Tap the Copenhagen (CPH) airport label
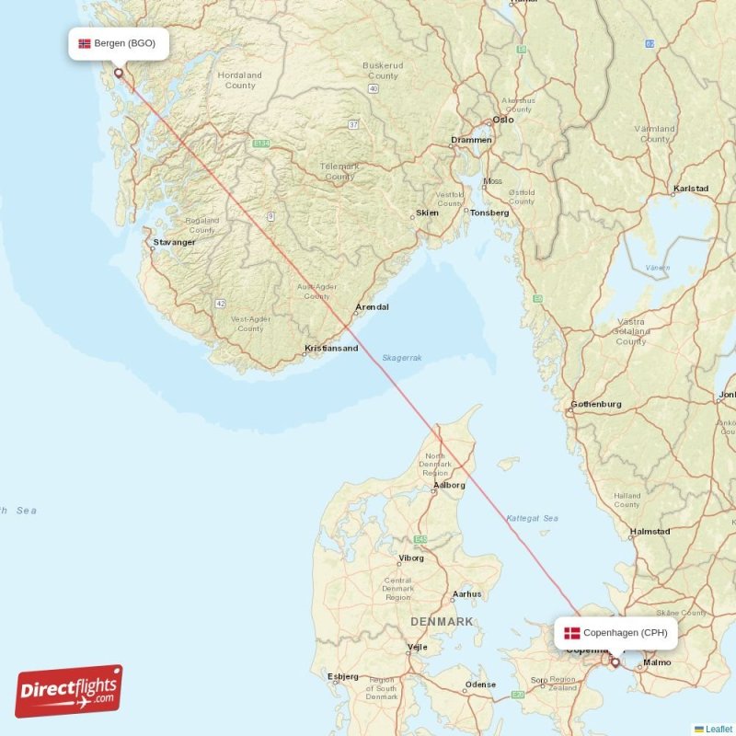pos(625,633)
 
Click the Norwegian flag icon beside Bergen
pos(85,43)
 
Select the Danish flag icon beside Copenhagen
pos(572,633)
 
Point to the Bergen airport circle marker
pos(118,73)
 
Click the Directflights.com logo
pos(69,691)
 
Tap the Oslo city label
pos(503,120)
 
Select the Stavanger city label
pos(175,243)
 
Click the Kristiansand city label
pos(331,349)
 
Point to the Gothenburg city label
pos(596,404)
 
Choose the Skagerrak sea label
pos(402,358)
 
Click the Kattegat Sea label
pos(532,518)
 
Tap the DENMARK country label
pos(442,622)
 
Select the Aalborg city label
pos(450,485)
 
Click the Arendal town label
pos(372,307)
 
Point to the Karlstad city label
pos(691,189)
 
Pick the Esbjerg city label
pos(343,676)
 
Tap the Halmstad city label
pos(650,532)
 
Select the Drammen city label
pos(471,141)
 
